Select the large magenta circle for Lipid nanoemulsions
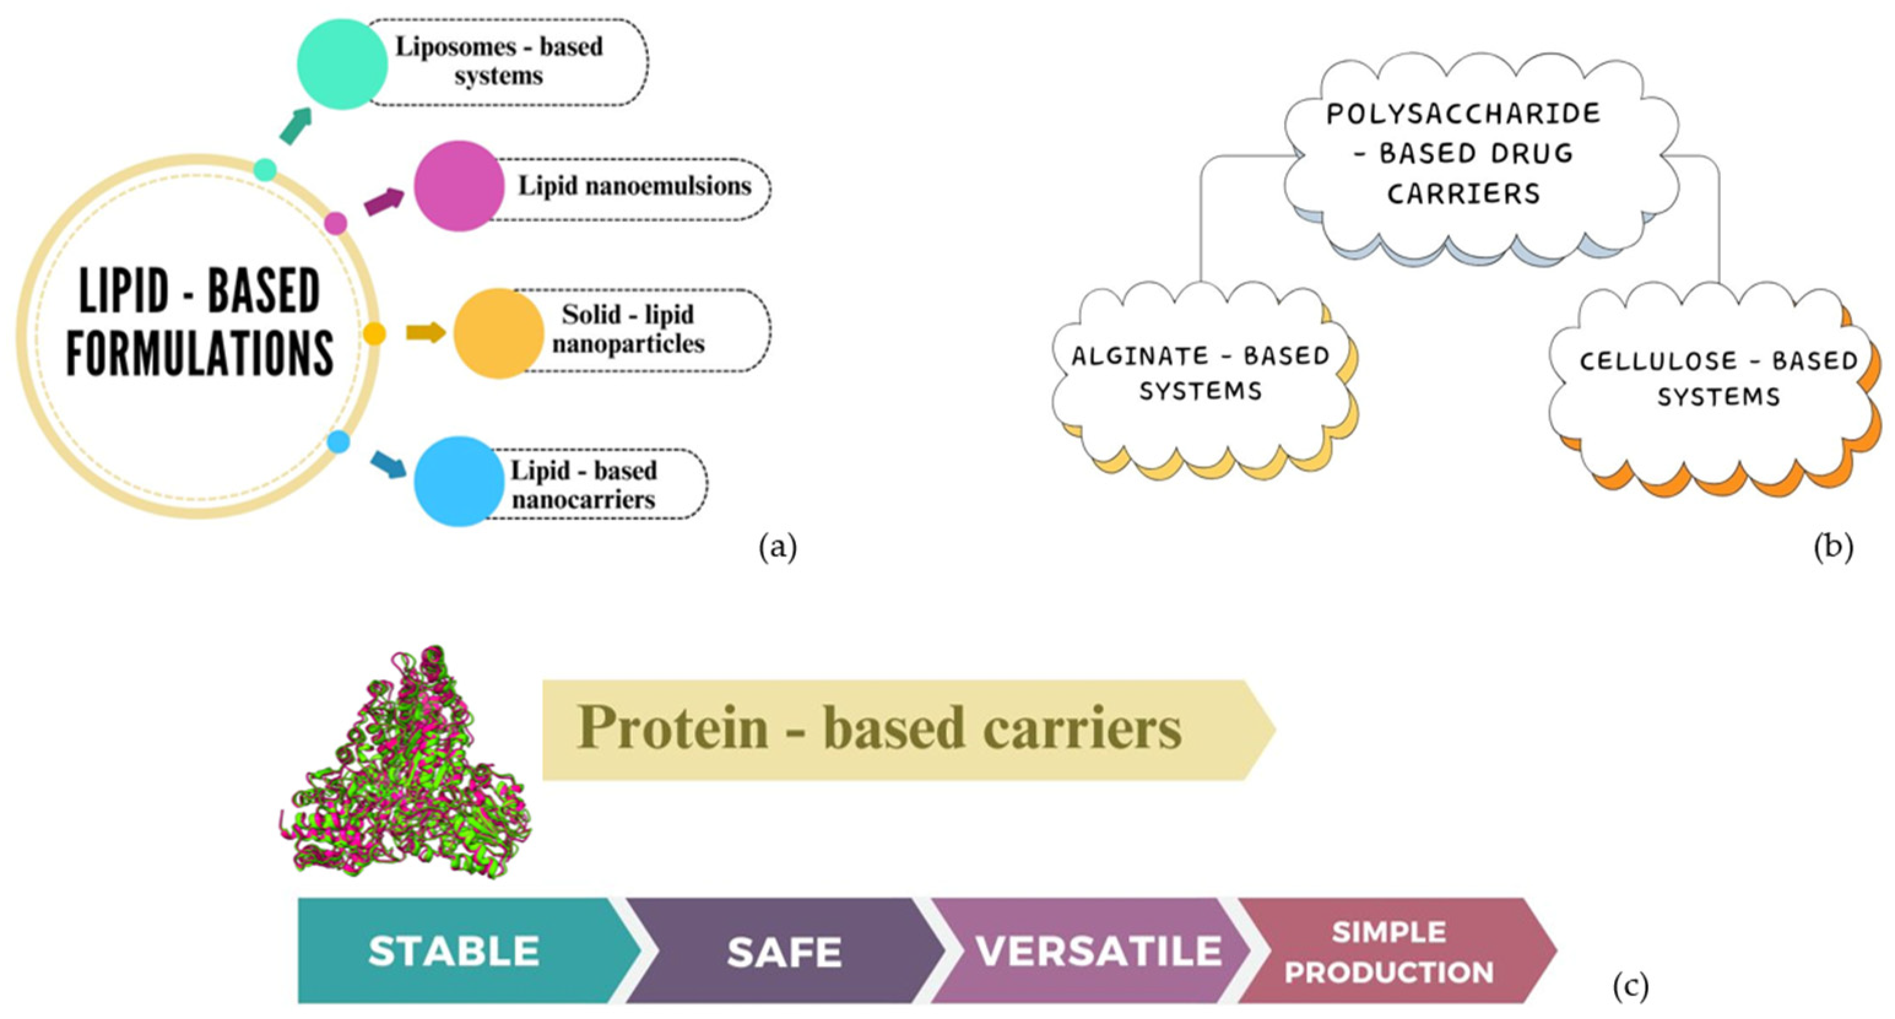tap(458, 186)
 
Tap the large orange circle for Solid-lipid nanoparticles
tap(498, 333)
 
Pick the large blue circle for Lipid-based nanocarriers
tap(458, 482)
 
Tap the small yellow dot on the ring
tap(375, 334)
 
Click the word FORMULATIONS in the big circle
tap(200, 353)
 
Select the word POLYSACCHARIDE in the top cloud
tap(1463, 114)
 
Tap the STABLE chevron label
tap(454, 950)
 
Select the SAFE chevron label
tap(784, 953)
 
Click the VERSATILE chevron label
tap(1098, 950)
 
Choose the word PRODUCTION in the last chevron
tap(1389, 972)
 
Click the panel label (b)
tap(1833, 547)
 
